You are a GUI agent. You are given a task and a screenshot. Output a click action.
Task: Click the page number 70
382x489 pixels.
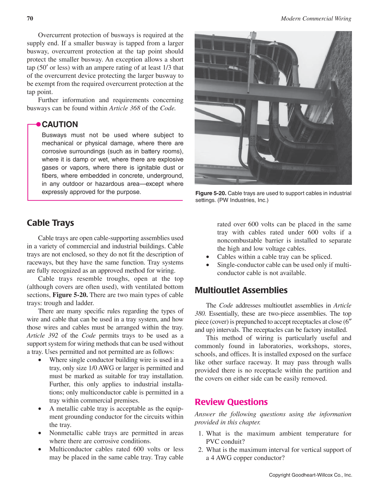point(30,19)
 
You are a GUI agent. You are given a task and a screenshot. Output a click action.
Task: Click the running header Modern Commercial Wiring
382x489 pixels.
point(316,19)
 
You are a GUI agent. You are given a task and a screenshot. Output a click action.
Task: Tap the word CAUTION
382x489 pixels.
point(60,124)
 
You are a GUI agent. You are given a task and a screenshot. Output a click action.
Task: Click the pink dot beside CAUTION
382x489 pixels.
point(38,124)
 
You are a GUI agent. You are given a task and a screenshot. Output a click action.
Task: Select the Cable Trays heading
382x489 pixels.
point(50,223)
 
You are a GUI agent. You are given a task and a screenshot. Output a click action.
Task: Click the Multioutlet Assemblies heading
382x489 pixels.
point(241,290)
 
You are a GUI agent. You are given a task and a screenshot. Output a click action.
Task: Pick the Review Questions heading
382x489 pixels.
point(231,402)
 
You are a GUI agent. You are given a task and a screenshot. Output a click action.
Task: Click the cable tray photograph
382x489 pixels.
point(273,108)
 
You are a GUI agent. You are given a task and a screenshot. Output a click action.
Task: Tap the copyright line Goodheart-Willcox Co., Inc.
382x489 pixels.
point(310,475)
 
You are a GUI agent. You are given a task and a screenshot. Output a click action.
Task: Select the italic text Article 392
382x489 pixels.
point(42,336)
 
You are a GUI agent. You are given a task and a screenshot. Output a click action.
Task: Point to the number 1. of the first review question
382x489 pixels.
point(201,433)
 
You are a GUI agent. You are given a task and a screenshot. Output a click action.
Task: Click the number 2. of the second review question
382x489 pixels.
point(201,450)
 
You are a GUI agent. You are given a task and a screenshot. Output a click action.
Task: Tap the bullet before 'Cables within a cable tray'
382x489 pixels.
point(208,257)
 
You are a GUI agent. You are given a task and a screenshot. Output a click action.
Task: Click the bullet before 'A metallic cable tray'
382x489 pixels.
point(40,409)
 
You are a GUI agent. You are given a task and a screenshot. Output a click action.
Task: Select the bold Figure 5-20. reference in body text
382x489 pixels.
point(70,295)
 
